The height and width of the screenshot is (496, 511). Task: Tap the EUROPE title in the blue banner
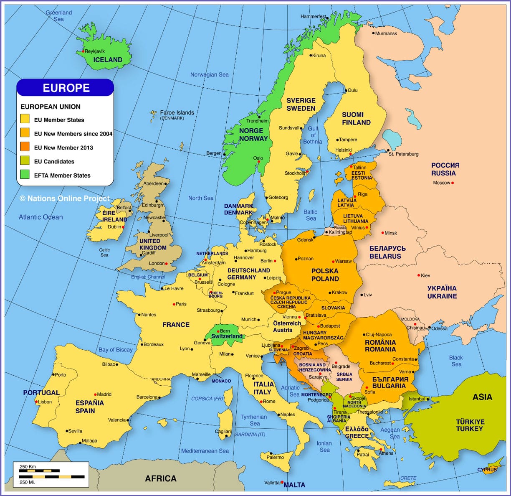[x=66, y=88]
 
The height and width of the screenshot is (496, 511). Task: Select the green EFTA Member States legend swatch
[x=25, y=175]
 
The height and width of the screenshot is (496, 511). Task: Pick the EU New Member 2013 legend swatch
[x=25, y=147]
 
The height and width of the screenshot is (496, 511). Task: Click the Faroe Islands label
[x=177, y=113]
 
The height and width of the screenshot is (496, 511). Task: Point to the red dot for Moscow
[x=453, y=183]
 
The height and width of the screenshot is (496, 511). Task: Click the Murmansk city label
[x=386, y=33]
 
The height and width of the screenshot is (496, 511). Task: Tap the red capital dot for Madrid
[x=96, y=394]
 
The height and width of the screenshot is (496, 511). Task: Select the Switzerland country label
[x=227, y=336]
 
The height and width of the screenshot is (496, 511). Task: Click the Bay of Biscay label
[x=116, y=350]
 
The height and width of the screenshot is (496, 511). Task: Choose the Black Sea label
[x=456, y=361]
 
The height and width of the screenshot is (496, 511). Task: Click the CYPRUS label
[x=487, y=470]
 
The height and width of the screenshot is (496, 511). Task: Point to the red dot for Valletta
[x=282, y=482]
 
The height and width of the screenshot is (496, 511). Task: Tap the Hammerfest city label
[x=313, y=17]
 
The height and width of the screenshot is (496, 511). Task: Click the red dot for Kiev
[x=419, y=275]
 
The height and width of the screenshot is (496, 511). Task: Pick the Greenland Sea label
[x=59, y=16]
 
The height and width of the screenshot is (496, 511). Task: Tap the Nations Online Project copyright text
[x=65, y=198]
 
